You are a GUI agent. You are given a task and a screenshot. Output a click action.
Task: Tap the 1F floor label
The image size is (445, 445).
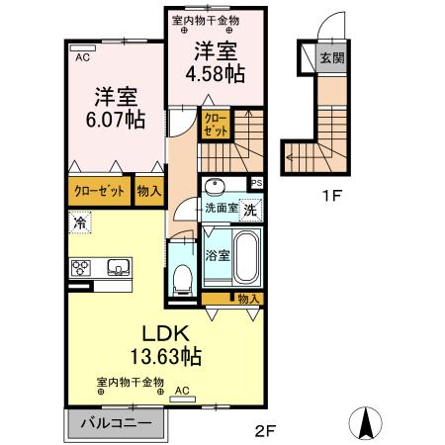(330, 196)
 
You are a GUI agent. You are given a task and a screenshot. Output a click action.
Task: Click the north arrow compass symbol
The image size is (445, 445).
(367, 423)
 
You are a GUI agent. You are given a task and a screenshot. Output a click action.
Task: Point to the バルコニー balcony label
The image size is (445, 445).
(117, 423)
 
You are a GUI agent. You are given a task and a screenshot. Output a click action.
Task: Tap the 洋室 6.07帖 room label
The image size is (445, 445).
(115, 109)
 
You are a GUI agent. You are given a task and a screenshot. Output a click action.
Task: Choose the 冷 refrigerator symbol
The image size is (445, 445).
(79, 222)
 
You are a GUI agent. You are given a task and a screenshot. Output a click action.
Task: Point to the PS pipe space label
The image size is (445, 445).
(256, 183)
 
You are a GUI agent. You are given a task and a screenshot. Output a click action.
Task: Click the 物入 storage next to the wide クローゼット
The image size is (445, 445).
(149, 191)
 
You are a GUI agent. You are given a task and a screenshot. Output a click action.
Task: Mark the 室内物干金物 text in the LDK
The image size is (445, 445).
(131, 382)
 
